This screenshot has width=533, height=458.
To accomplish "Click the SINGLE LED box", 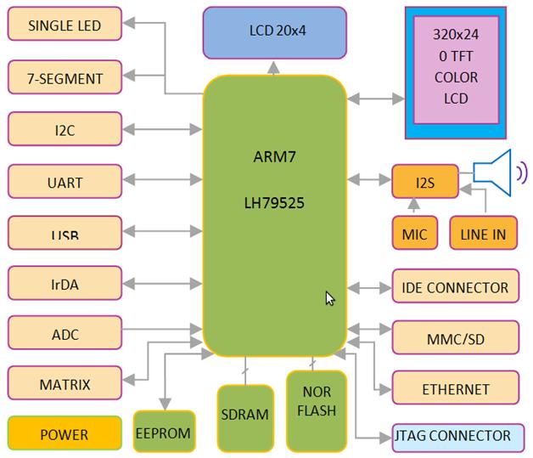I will (x=65, y=25).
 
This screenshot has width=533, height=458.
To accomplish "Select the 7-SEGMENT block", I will (x=65, y=78).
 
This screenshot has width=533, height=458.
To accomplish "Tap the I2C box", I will (x=65, y=130).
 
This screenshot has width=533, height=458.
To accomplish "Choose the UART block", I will (x=65, y=182).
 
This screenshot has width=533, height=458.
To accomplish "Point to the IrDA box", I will (x=65, y=285).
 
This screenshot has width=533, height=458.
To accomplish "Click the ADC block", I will (x=65, y=335).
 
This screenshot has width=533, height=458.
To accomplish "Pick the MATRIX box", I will (x=65, y=384).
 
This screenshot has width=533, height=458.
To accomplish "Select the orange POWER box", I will (x=65, y=434).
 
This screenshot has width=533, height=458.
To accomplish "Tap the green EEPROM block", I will (x=164, y=433).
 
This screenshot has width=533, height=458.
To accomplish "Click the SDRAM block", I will (x=245, y=416).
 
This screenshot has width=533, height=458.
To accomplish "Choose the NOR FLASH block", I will (x=317, y=410).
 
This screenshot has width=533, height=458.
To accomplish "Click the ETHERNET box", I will (x=455, y=389).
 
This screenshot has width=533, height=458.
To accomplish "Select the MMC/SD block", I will (x=455, y=339).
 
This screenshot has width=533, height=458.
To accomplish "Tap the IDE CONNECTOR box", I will (x=455, y=287).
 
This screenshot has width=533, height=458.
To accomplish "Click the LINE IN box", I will (x=483, y=235).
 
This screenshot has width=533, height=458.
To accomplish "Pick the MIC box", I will (x=414, y=235).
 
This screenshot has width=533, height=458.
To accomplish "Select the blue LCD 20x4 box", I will (x=275, y=32).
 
